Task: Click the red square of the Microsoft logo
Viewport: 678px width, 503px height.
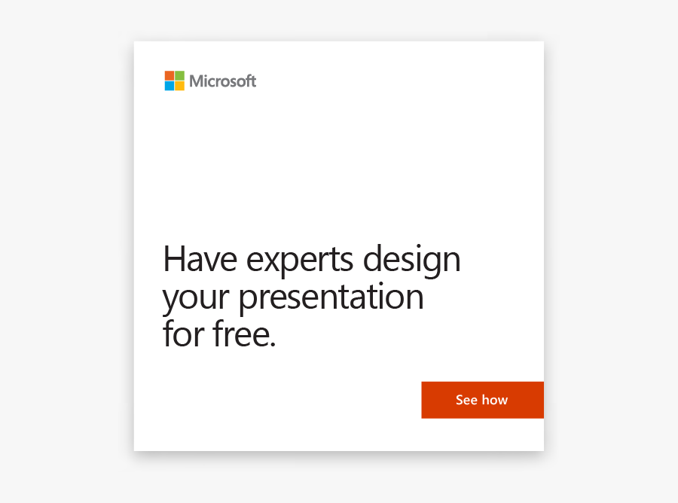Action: pyautogui.click(x=169, y=75)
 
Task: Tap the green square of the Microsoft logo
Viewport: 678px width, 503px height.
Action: pyautogui.click(x=179, y=75)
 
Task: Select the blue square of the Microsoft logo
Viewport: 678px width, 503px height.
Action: pyautogui.click(x=169, y=86)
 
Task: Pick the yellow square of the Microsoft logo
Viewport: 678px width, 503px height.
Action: pyautogui.click(x=179, y=86)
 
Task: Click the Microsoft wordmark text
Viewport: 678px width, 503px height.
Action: pyautogui.click(x=222, y=81)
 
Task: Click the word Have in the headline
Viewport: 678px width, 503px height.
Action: pyautogui.click(x=200, y=260)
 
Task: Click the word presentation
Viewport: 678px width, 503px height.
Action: pyautogui.click(x=331, y=298)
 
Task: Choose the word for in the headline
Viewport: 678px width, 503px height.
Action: pyautogui.click(x=183, y=334)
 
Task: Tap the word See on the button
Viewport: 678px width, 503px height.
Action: pyautogui.click(x=466, y=400)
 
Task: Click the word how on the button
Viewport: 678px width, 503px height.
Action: pyautogui.click(x=495, y=400)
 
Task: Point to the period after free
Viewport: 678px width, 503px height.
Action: pyautogui.click(x=272, y=345)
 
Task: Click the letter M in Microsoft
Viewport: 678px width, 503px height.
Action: pyautogui.click(x=197, y=81)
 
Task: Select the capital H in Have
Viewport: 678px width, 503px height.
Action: pyautogui.click(x=174, y=260)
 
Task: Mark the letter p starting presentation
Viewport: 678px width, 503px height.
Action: pyautogui.click(x=249, y=300)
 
